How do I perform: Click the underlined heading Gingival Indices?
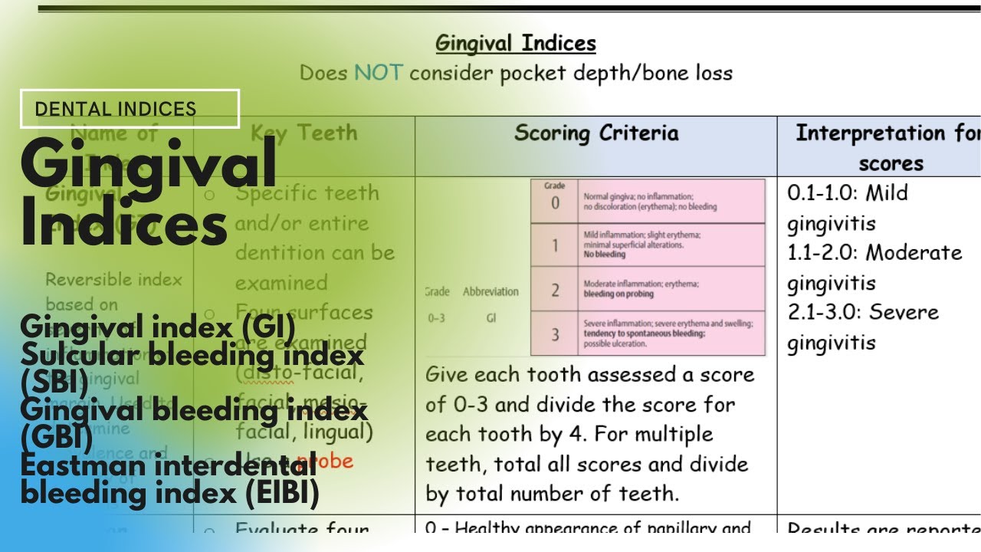tap(515, 43)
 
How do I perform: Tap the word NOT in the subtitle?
tap(377, 74)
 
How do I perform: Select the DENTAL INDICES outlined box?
tap(130, 109)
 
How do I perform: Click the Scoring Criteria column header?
tap(595, 133)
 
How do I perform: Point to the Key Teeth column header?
tap(303, 133)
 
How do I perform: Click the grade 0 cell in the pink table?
tap(555, 202)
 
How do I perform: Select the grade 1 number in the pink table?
tap(555, 245)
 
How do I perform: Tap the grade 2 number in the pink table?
tap(555, 289)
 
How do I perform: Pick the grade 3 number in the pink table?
tap(555, 333)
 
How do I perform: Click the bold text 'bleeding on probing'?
tap(618, 294)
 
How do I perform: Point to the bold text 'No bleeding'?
tap(604, 255)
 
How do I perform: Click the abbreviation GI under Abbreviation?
tap(490, 318)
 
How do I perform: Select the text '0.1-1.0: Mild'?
tap(847, 193)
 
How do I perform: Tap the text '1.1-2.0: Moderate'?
tap(874, 253)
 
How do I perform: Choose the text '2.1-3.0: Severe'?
tap(862, 313)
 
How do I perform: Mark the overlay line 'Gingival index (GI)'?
tap(157, 327)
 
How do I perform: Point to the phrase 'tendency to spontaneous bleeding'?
tap(644, 333)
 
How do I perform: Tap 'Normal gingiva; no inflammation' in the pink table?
tap(638, 197)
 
